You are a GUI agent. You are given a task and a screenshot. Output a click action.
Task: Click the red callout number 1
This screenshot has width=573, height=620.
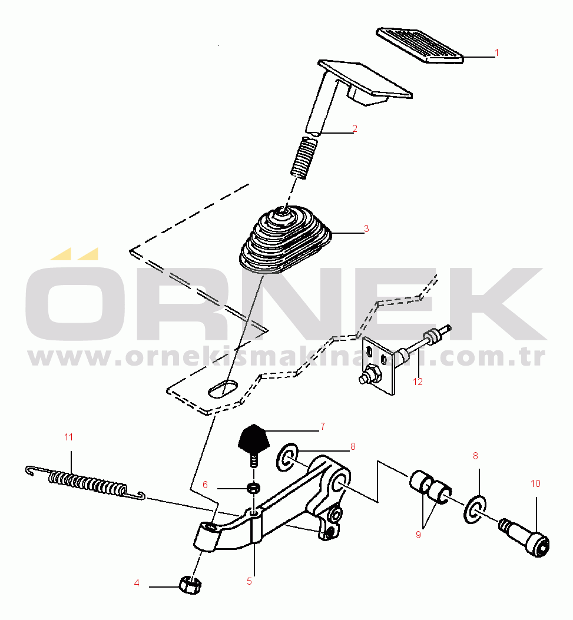(496, 52)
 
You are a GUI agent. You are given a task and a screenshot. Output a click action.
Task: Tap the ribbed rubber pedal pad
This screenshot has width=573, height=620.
(419, 45)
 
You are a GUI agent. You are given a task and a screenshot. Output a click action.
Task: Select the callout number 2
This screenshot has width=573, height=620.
(355, 128)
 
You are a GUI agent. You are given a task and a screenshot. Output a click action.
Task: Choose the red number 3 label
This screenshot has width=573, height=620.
(366, 228)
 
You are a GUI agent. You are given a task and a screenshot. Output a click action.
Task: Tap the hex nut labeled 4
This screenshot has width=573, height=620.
(191, 586)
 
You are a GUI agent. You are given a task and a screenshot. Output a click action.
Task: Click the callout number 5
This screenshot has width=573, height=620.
(249, 581)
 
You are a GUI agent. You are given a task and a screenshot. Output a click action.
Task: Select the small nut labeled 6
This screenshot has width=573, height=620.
(253, 488)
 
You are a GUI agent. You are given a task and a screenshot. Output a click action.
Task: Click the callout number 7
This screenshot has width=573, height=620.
(323, 426)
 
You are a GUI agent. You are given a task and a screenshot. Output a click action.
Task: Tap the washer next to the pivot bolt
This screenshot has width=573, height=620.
(475, 510)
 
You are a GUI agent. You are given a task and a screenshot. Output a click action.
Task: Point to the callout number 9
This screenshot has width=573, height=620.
(418, 535)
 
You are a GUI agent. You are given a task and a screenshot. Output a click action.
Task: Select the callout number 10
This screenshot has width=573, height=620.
(535, 483)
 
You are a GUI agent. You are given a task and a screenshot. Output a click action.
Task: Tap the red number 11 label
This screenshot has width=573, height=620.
(68, 437)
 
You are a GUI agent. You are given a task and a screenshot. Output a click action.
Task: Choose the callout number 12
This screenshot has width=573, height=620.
(418, 382)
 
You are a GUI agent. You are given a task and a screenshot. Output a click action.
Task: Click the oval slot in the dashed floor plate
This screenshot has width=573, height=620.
(223, 389)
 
